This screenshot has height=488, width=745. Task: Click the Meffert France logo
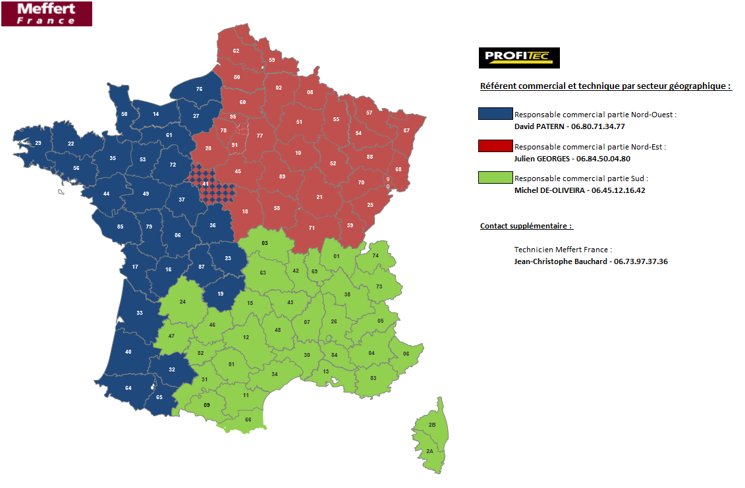(x=46, y=13)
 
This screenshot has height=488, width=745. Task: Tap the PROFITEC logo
(x=519, y=57)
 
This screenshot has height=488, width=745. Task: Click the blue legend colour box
(x=496, y=113)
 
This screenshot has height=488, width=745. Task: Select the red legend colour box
(x=496, y=146)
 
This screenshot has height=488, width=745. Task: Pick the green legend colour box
(x=496, y=177)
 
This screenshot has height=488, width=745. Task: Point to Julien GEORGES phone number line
(x=572, y=158)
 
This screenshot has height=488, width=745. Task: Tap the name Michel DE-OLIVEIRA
(x=551, y=190)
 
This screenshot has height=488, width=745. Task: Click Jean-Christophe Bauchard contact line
(x=591, y=261)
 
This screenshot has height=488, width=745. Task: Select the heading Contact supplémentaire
(x=526, y=226)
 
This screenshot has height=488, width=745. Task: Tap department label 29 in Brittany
(x=38, y=143)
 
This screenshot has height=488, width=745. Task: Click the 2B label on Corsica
(x=432, y=425)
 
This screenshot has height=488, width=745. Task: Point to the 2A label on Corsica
(x=429, y=451)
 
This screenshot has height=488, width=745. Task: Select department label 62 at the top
(x=236, y=51)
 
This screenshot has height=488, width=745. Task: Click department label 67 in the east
(x=406, y=130)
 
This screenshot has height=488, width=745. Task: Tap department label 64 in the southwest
(x=128, y=388)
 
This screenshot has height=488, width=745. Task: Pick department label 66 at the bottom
(x=248, y=420)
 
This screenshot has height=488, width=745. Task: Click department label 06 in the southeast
(x=406, y=354)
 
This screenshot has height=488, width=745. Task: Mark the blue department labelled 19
(x=220, y=294)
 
